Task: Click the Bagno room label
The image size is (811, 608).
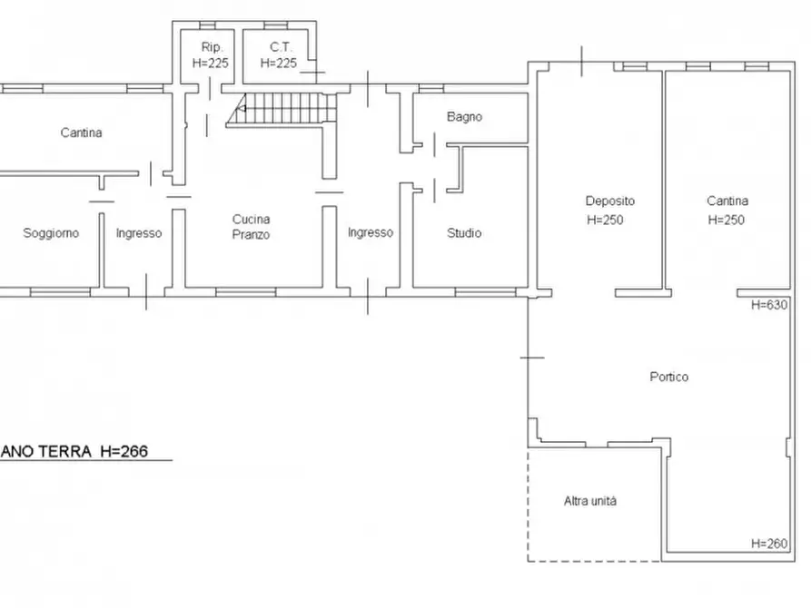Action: tap(464, 117)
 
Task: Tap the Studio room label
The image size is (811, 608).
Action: tap(464, 233)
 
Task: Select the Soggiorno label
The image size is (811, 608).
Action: tap(51, 233)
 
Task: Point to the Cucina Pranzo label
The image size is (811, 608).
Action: tap(251, 227)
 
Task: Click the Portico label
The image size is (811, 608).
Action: tap(668, 377)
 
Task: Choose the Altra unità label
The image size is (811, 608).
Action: tap(590, 501)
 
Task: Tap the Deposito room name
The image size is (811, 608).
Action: tap(609, 201)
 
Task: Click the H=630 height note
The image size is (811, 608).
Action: tap(769, 305)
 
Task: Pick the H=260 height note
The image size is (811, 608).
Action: tap(769, 544)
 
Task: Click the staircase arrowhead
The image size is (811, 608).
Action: tap(241, 109)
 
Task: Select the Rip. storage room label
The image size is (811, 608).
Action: tap(212, 47)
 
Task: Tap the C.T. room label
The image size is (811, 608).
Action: tap(281, 47)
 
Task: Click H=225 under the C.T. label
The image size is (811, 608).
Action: tap(278, 64)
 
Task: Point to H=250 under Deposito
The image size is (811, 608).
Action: tap(605, 220)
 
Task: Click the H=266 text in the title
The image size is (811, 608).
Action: tap(124, 451)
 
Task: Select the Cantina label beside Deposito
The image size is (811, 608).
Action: tap(727, 201)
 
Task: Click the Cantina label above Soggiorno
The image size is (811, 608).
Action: tap(81, 132)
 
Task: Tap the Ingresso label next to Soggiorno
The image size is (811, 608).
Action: tap(139, 233)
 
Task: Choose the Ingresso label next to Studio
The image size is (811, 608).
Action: tap(371, 232)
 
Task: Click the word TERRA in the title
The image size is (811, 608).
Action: tap(64, 451)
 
